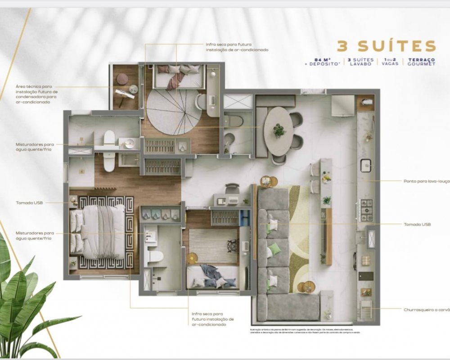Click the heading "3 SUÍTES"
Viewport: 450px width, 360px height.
point(387,46)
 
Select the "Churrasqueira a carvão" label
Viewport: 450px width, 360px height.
point(426,309)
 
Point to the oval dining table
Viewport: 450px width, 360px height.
point(279,130)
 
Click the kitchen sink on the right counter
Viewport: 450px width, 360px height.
point(365,165)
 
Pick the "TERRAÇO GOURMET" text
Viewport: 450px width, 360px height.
point(422,62)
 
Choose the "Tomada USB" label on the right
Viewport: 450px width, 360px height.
point(417,224)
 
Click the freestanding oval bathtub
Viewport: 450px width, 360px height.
point(109,151)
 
